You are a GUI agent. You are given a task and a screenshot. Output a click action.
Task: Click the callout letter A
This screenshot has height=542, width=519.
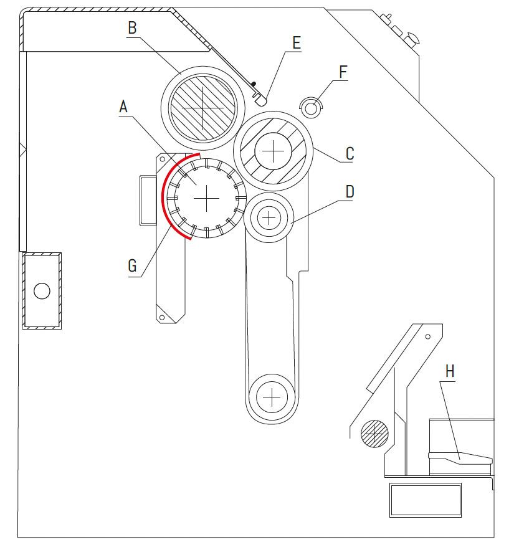click(123, 107)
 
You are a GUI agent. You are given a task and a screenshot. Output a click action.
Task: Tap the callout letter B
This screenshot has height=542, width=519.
click(132, 28)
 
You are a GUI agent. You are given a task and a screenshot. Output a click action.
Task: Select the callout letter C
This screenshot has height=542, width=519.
click(350, 153)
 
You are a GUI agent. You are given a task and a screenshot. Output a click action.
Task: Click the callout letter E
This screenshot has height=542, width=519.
click(296, 43)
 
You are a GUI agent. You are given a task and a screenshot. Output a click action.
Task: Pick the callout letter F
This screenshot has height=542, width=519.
click(343, 72)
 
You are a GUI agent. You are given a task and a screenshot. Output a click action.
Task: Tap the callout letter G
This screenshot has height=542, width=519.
click(131, 266)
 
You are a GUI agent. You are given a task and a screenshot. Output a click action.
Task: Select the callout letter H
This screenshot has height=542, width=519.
click(450, 372)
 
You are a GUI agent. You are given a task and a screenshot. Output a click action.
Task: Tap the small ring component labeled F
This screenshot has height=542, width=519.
click(311, 107)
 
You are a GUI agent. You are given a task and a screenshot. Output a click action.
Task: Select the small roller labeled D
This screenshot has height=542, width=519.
click(269, 217)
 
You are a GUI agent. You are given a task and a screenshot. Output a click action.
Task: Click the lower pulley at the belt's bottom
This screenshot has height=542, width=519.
click(272, 395)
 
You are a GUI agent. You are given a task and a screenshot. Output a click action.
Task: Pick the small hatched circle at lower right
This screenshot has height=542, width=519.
click(374, 432)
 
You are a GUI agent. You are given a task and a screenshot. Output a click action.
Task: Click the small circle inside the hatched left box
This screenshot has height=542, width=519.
click(42, 290)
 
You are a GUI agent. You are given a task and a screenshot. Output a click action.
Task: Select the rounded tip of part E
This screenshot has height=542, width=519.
click(263, 98)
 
